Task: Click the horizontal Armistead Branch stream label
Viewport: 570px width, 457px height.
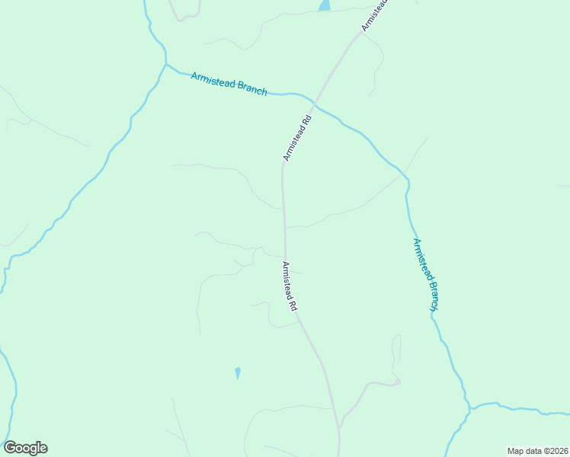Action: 229,83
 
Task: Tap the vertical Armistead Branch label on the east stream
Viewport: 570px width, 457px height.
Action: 425,275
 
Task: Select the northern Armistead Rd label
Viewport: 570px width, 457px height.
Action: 298,138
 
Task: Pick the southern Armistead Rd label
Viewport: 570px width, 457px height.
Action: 289,287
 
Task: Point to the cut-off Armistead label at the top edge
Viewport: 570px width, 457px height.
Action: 375,15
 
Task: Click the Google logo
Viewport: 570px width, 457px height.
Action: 25,448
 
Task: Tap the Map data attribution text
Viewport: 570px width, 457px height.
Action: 538,451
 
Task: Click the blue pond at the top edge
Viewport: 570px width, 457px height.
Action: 325,5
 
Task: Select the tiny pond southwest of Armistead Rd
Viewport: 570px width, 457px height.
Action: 238,372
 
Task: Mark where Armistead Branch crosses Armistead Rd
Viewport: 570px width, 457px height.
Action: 315,103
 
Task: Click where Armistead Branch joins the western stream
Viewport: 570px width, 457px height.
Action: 166,65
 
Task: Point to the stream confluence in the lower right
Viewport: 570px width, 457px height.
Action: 467,407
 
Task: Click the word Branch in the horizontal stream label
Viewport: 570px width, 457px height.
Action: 252,88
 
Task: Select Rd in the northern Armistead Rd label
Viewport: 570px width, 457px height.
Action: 306,121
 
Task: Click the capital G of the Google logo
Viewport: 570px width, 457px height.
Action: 10,448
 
